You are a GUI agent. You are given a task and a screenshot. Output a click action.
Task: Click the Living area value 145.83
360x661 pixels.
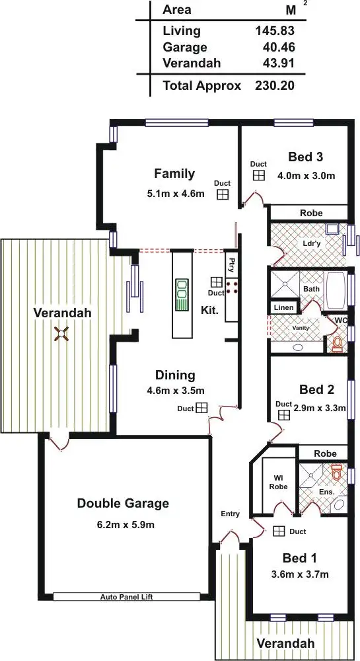click(x=274, y=30)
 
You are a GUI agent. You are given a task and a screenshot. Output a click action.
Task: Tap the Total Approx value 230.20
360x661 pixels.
click(x=274, y=85)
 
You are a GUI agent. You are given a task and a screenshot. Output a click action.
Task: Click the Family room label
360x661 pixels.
click(x=174, y=174)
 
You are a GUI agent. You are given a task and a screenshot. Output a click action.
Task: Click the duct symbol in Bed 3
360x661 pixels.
click(x=258, y=175)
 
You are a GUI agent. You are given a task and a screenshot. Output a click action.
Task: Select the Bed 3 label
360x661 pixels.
click(x=306, y=157)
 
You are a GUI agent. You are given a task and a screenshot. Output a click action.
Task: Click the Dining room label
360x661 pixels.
click(x=175, y=375)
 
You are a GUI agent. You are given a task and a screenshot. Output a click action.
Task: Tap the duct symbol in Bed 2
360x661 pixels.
click(x=284, y=414)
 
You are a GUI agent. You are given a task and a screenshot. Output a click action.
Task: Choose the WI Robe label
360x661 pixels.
click(x=279, y=484)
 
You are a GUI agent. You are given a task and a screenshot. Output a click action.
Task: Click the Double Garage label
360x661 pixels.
click(x=123, y=503)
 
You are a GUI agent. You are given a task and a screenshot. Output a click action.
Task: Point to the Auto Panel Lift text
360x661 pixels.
click(x=127, y=596)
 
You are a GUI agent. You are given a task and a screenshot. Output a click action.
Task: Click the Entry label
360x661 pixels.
click(x=231, y=514)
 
